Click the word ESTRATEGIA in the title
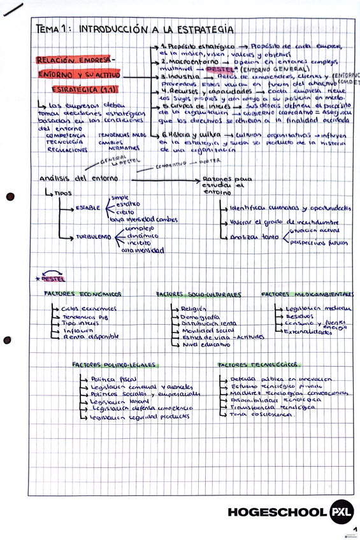pyautogui.click(x=205, y=29)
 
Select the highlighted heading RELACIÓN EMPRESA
pyautogui.click(x=73, y=60)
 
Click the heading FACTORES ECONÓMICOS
pyautogui.click(x=83, y=294)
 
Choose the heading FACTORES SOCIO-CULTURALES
pyautogui.click(x=199, y=295)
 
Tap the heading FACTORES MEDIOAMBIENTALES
pyautogui.click(x=307, y=294)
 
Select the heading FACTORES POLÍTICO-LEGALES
pyautogui.click(x=113, y=365)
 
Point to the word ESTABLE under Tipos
pyautogui.click(x=87, y=208)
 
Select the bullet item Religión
pyautogui.click(x=185, y=308)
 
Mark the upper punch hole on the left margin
pyautogui.click(x=9, y=197)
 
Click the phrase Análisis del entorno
pyautogui.click(x=71, y=179)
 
